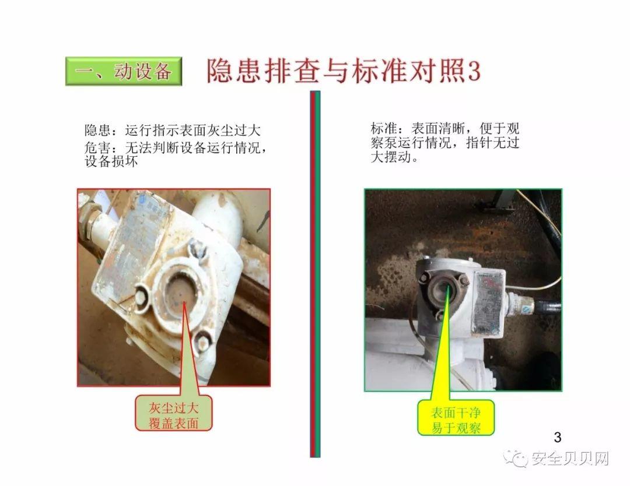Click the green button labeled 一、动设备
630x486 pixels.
click(124, 71)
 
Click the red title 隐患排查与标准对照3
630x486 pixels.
click(343, 71)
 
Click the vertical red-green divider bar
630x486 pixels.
click(315, 274)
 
